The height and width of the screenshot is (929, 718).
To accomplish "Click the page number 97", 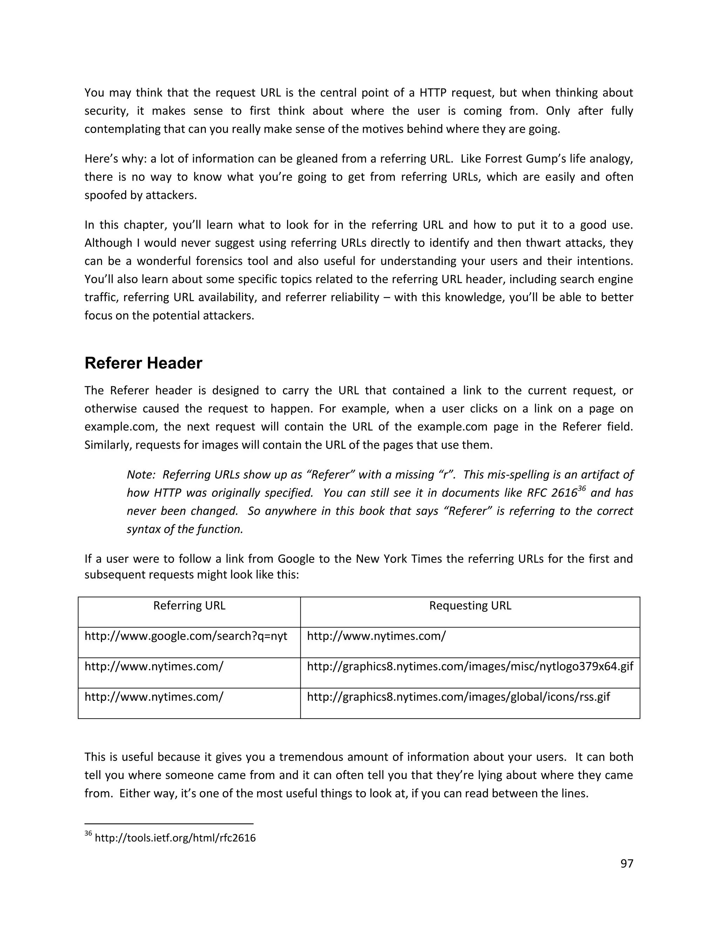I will click(x=626, y=863).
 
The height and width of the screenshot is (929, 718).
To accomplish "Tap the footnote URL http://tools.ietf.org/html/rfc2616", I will click(x=175, y=838).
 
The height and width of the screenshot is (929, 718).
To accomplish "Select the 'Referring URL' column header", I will click(x=189, y=606).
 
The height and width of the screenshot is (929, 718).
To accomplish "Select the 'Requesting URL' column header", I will click(x=470, y=606).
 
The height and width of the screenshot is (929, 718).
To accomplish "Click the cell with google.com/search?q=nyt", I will click(x=186, y=636).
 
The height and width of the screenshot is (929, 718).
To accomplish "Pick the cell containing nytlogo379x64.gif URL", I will click(x=470, y=666).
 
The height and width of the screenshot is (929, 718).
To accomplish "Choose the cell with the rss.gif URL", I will click(x=458, y=697).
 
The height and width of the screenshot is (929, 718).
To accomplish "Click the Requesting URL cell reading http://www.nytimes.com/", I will click(x=376, y=636).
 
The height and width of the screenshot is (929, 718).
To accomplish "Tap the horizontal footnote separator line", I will click(x=169, y=824).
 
